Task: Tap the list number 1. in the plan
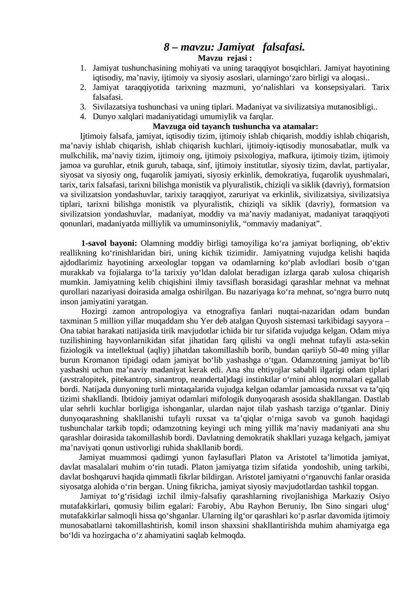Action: tap(83, 68)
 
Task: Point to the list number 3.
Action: tap(83, 107)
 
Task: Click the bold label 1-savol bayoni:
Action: tap(109, 243)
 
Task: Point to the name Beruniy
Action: tap(294, 506)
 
